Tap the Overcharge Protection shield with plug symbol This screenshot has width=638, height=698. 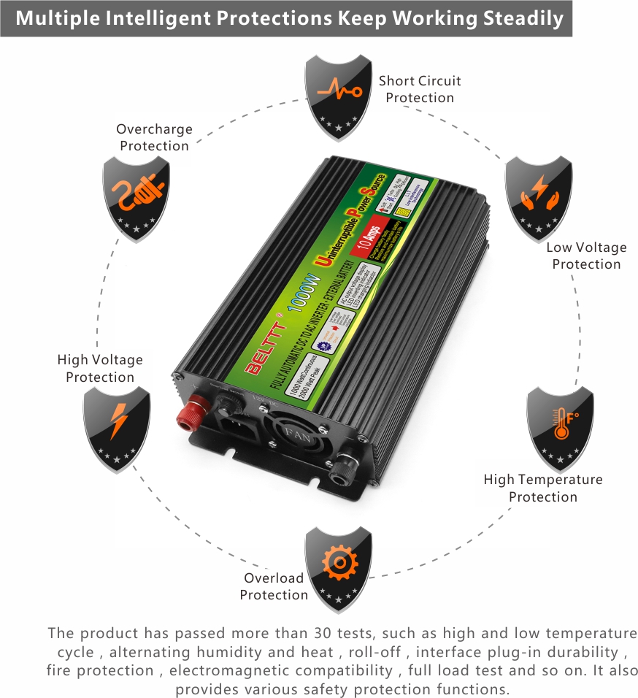point(136,195)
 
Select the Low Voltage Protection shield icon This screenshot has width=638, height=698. point(539,198)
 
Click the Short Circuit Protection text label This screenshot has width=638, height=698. point(420,89)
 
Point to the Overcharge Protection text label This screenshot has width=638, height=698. point(154,137)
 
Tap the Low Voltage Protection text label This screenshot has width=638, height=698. point(586,256)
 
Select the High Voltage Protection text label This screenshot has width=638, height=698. point(100,368)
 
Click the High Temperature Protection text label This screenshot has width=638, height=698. point(543,488)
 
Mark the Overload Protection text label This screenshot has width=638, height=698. point(274,586)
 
